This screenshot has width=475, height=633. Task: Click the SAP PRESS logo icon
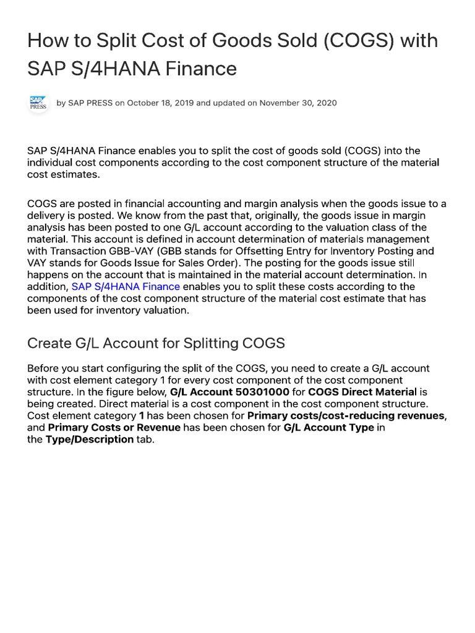38,103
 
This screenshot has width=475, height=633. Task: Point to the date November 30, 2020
298,103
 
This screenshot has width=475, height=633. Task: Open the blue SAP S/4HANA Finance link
126,286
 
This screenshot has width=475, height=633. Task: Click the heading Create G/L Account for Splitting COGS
156,343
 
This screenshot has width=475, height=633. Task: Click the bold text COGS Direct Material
362,392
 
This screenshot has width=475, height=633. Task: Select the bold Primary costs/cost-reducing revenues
346,415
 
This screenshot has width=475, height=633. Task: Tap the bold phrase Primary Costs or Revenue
114,427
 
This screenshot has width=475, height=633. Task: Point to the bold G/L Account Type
328,427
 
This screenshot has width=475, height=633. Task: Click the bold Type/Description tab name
89,439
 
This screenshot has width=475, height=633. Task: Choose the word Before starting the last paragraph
44,368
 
